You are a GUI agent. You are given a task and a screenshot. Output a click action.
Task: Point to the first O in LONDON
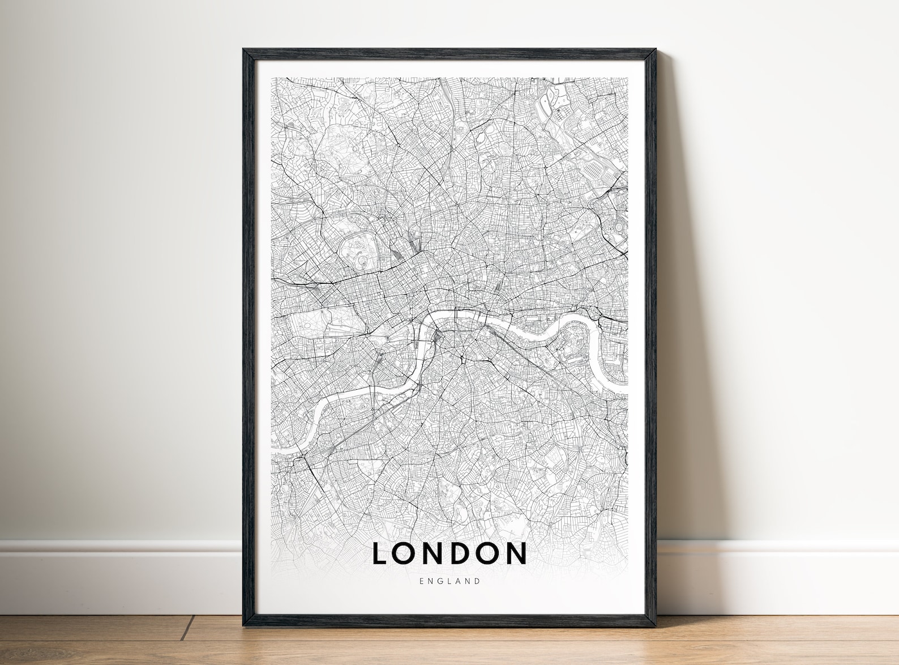pyautogui.click(x=405, y=554)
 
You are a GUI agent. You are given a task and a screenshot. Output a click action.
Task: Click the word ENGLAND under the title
pyautogui.click(x=450, y=581)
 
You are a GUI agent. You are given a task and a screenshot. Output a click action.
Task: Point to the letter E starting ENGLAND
pyautogui.click(x=422, y=581)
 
